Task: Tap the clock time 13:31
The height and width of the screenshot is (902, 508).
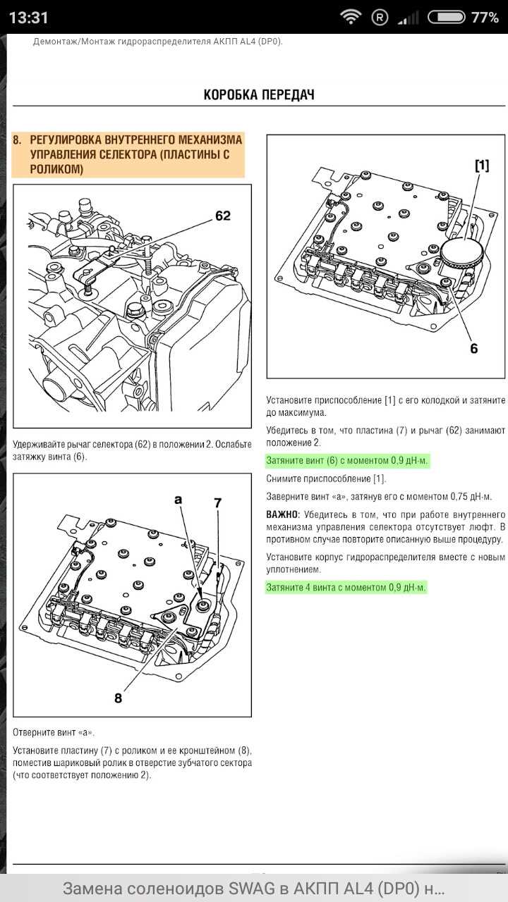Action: click(29, 18)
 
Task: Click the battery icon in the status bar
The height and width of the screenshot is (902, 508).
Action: click(447, 17)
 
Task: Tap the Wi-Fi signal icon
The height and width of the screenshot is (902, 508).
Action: click(350, 17)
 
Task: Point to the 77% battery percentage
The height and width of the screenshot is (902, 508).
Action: click(485, 18)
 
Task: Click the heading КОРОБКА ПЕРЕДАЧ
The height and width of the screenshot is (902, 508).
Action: click(259, 94)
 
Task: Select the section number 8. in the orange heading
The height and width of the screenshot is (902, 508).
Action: click(18, 140)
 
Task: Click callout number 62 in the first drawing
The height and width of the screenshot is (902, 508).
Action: click(222, 216)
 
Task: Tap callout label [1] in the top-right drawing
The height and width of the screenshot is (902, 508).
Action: click(481, 166)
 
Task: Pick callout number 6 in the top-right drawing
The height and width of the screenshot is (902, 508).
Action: click(473, 348)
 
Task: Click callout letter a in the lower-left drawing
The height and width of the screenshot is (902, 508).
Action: click(178, 499)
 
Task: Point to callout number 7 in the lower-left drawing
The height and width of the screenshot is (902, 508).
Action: click(218, 502)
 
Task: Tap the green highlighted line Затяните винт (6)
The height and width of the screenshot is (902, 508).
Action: click(347, 461)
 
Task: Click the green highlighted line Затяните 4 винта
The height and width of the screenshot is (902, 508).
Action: click(346, 587)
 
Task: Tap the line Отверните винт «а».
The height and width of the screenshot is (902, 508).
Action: click(54, 732)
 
